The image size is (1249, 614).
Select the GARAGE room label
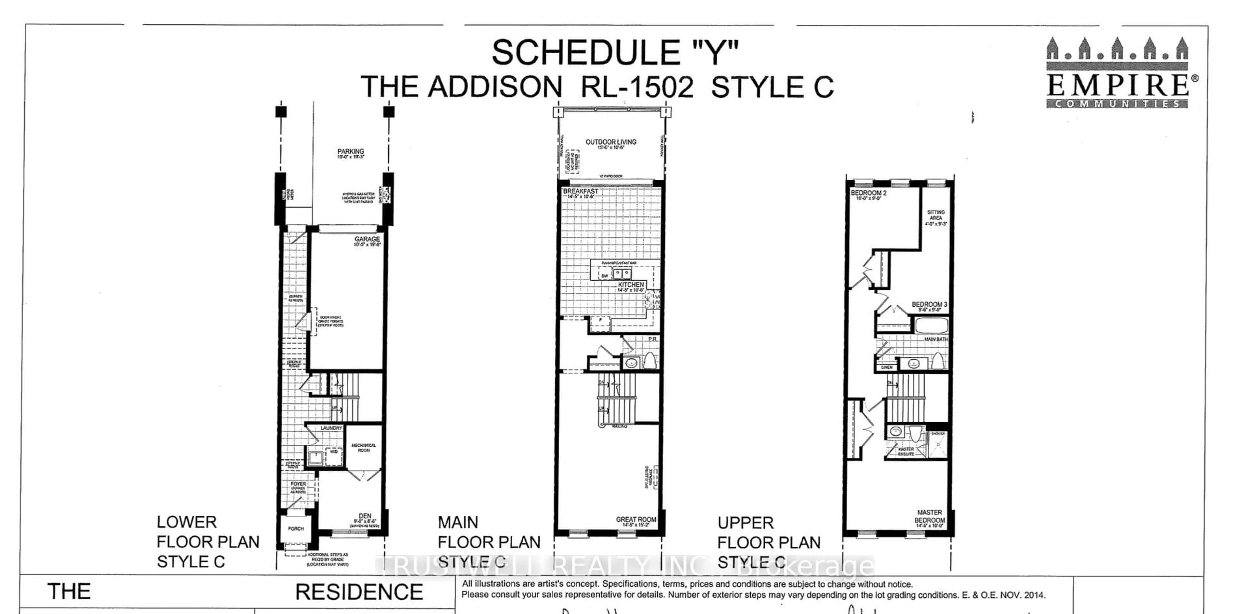point(367,239)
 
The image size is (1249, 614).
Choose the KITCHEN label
point(631,285)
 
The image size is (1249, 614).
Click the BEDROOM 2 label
point(868,193)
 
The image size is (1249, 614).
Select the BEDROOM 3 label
point(929,305)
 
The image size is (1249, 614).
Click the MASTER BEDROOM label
point(930,516)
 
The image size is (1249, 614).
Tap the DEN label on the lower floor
point(365,516)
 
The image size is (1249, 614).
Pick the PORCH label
point(296,529)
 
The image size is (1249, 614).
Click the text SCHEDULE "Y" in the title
point(615,52)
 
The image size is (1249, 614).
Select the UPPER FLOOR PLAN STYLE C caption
point(769,542)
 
